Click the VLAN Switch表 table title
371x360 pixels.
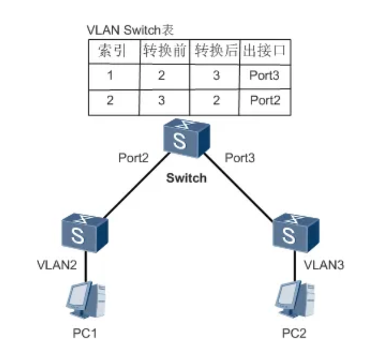coord(130,30)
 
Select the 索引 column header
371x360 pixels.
coord(112,51)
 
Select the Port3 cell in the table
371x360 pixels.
coord(264,75)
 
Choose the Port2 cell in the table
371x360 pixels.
coord(265,100)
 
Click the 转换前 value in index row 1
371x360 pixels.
coord(162,75)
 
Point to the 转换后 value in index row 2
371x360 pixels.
coord(216,100)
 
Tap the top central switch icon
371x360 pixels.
coord(187,138)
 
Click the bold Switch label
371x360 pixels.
coord(187,178)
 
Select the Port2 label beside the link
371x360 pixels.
coord(133,158)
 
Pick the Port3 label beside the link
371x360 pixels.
coord(240,158)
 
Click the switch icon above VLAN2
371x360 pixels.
coord(84,233)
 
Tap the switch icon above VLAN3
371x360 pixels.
coord(296,233)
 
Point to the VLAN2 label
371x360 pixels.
coord(57,265)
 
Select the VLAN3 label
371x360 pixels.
coord(324,265)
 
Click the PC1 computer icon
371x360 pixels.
coord(86,300)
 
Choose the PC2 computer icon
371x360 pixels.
coord(295,299)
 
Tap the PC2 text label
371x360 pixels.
coord(294,334)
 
